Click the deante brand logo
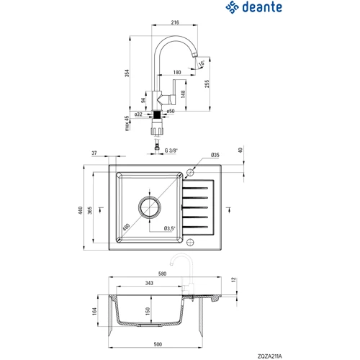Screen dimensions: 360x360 254,7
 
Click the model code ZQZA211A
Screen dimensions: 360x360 270,356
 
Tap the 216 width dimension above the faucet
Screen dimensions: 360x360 175,22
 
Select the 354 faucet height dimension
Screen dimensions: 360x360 127,73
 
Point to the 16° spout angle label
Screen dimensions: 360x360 202,63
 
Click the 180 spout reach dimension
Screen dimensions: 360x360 177,72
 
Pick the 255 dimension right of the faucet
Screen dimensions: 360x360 207,84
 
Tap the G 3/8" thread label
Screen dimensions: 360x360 171,150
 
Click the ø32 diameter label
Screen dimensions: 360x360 138,114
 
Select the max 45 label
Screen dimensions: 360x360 127,123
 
